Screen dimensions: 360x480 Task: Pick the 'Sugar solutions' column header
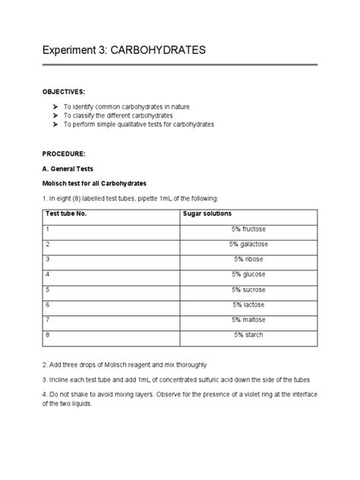click(x=207, y=213)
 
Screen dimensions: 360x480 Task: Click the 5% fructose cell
click(x=249, y=229)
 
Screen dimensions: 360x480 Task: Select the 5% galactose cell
click(x=249, y=244)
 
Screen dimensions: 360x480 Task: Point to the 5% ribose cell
click(x=249, y=259)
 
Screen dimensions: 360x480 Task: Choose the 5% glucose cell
click(x=249, y=274)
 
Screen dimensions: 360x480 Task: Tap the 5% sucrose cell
click(x=249, y=289)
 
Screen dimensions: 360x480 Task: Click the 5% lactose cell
click(x=249, y=305)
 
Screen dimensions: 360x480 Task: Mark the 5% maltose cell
click(x=249, y=320)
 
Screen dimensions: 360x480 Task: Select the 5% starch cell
click(x=249, y=335)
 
